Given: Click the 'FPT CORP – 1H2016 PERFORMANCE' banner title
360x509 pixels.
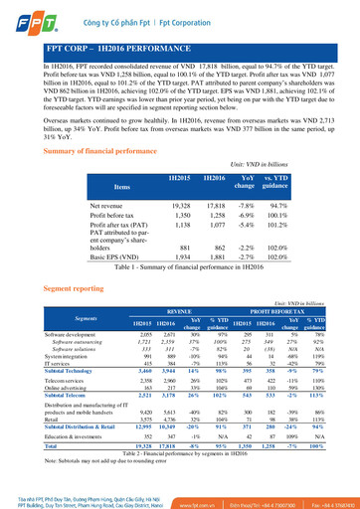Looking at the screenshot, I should pyautogui.click(x=116, y=48).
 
